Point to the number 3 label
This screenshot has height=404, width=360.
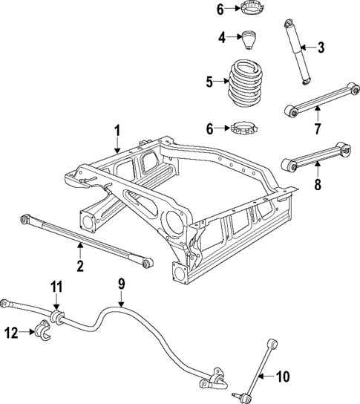click(x=321, y=49)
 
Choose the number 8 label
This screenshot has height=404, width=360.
click(x=317, y=185)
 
